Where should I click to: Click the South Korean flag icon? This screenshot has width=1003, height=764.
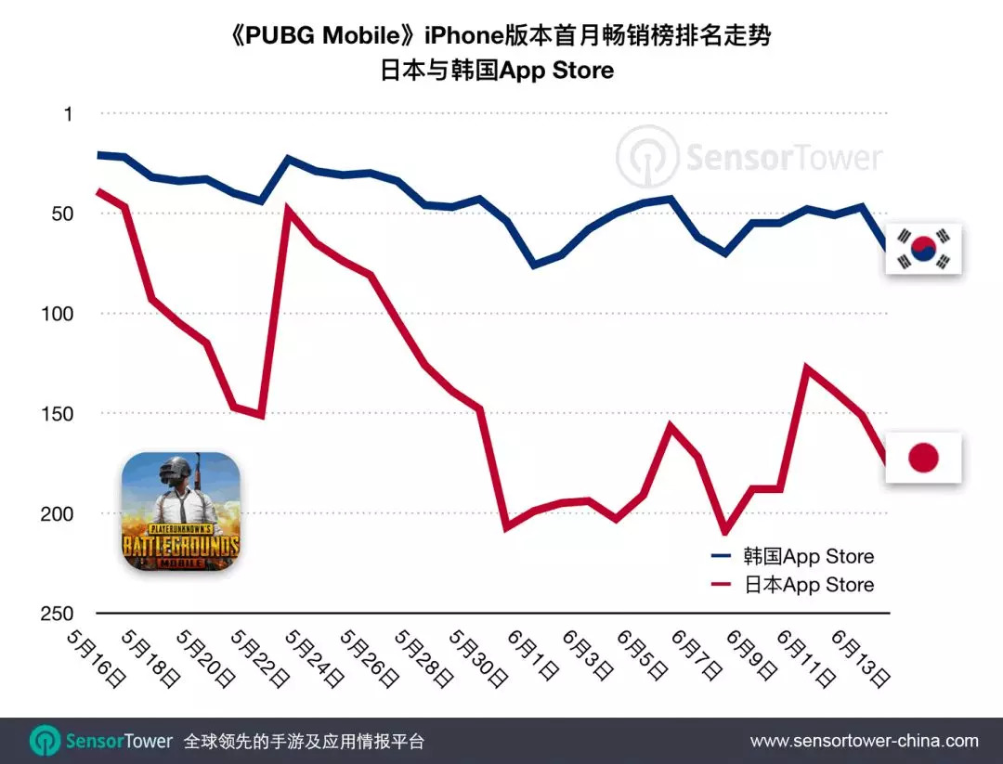[923, 249]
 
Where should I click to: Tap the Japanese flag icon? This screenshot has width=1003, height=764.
[923, 457]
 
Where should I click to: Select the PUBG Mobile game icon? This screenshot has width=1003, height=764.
[181, 511]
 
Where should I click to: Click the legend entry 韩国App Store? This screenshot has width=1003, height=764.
[792, 556]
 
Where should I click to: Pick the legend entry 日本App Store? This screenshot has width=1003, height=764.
[792, 585]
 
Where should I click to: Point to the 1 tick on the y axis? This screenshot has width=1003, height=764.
[67, 114]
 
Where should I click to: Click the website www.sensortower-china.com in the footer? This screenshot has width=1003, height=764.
[864, 741]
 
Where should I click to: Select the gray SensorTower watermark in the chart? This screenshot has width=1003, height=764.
[750, 157]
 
